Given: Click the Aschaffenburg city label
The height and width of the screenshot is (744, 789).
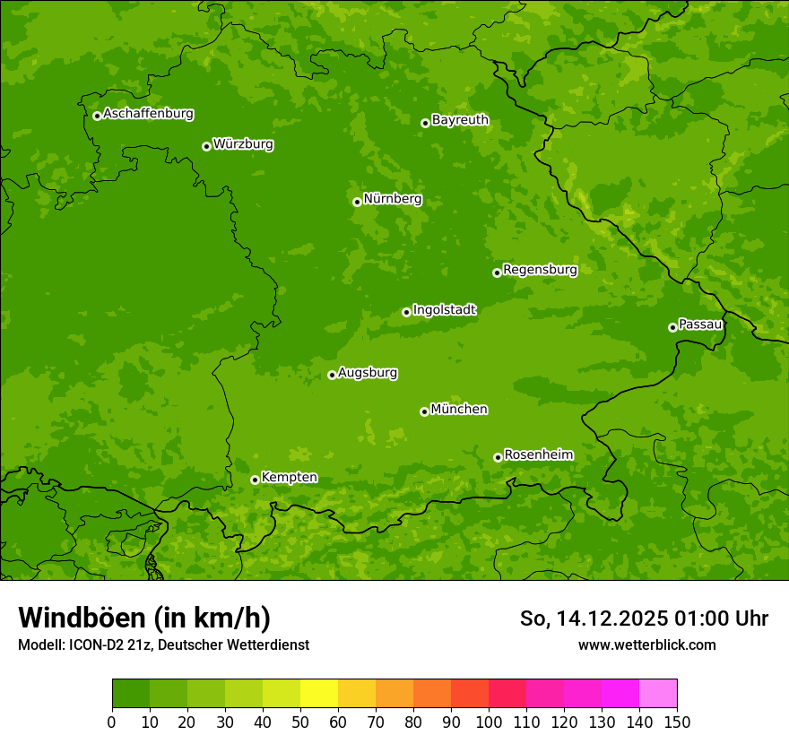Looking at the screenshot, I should click(148, 114).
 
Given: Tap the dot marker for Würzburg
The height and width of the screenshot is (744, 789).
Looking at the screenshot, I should click(206, 146).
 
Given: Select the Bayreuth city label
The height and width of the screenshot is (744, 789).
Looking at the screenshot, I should click(460, 120).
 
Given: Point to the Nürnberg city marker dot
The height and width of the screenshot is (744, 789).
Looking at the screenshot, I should click(357, 202).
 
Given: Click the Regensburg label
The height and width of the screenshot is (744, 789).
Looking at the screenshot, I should click(540, 270).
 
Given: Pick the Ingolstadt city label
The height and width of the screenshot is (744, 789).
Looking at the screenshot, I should click(444, 310).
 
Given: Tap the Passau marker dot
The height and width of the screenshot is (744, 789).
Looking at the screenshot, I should click(672, 327).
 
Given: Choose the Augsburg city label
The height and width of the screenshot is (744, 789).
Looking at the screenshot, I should click(368, 373).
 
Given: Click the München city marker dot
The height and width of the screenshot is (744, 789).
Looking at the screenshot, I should click(424, 411).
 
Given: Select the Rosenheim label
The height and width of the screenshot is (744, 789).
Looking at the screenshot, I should click(538, 455).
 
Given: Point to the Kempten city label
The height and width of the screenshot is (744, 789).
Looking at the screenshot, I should click(289, 478).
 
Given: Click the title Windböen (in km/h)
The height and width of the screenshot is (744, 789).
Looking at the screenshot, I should click(144, 618).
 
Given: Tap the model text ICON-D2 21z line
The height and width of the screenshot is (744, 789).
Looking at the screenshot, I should click(163, 645).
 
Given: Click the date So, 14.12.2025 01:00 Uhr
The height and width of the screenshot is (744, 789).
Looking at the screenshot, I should click(644, 619).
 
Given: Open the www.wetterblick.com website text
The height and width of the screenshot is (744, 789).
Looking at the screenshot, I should click(646, 645).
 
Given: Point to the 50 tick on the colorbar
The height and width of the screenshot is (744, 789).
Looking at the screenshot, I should click(300, 722).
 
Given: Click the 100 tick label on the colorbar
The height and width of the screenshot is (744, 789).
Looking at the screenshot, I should click(489, 722).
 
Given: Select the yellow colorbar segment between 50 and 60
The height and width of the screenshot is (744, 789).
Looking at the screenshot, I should click(319, 694).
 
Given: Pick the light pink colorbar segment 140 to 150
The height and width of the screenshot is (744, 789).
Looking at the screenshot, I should click(658, 694).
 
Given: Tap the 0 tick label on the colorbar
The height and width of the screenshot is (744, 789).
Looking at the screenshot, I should click(112, 722).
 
